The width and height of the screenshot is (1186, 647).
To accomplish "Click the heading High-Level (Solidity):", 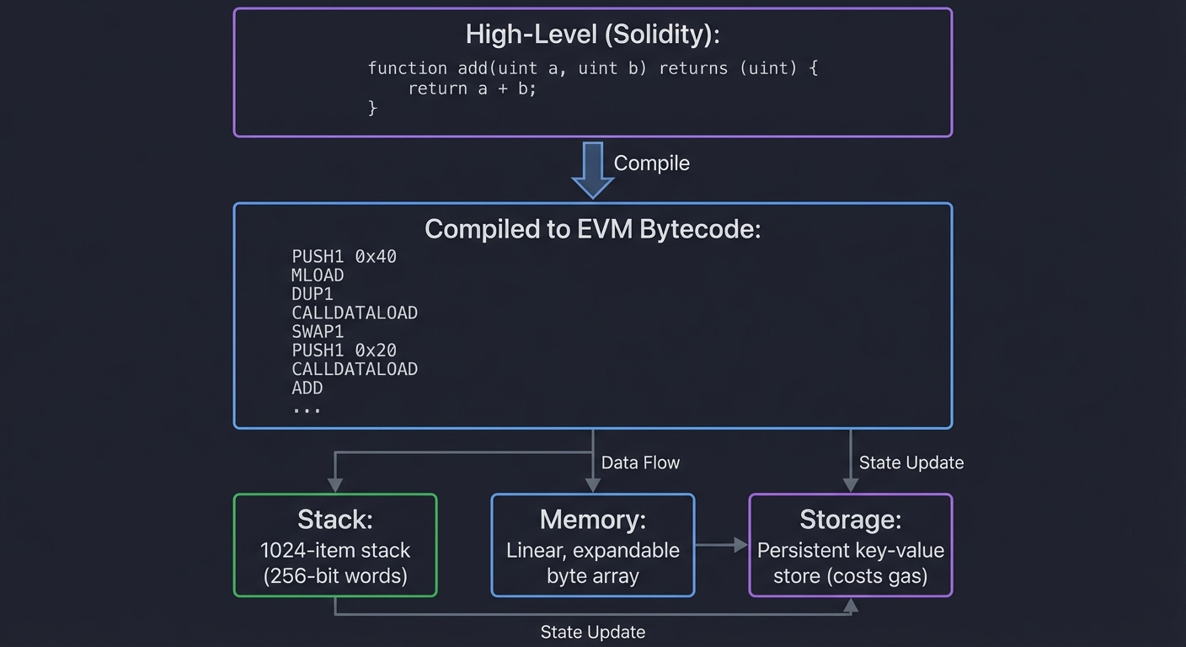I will coord(592,35).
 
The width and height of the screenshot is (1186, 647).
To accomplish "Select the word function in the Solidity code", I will coord(407,68).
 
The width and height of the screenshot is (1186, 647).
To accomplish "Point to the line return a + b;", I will coord(472,88).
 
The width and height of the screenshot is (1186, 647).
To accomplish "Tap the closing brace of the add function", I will coord(372,108).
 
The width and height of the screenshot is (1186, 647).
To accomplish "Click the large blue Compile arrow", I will coord(592,168).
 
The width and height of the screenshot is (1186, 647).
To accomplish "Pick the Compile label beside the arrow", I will coord(651,163).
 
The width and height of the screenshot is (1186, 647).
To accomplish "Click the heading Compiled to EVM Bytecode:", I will coord(592,229).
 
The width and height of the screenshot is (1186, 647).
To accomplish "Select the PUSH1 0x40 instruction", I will coord(344,257).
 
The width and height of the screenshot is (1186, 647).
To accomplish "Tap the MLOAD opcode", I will coord(318,275).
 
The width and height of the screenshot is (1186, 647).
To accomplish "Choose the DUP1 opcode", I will coord(313,294).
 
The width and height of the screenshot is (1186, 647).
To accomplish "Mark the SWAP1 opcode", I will coord(318,332).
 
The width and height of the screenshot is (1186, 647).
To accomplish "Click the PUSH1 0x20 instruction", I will coord(344,350).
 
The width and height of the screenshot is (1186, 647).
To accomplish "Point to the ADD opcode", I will coord(307,388).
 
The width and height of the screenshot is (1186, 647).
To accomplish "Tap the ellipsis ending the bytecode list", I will coord(307,409).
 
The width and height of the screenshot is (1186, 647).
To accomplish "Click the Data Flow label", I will coord(640,463).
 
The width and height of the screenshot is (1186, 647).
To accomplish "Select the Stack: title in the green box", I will coord(334,520).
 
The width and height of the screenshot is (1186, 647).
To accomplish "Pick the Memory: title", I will coord(592,520).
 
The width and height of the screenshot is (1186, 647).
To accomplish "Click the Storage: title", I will coord(850,520).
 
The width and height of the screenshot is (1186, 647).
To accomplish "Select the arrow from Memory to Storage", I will coord(721,546).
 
